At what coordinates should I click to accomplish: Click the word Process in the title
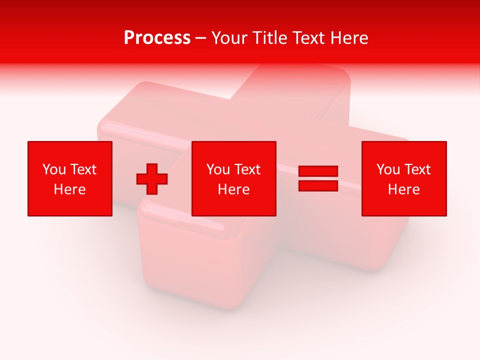pyautogui.click(x=157, y=38)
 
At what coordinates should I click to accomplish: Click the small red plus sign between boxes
pyautogui.click(x=152, y=179)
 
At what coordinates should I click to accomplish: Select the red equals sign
pyautogui.click(x=318, y=178)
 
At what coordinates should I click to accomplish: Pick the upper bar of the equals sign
pyautogui.click(x=318, y=171)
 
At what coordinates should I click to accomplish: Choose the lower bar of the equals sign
pyautogui.click(x=318, y=185)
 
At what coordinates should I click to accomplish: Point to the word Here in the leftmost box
pyautogui.click(x=70, y=189)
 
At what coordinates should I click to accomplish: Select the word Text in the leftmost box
pyautogui.click(x=83, y=169)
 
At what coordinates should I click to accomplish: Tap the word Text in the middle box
pyautogui.click(x=247, y=169)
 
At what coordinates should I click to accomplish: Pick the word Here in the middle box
pyautogui.click(x=234, y=189)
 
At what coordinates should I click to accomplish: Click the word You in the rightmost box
pyautogui.click(x=388, y=169)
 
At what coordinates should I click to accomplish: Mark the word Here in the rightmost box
pyautogui.click(x=404, y=189)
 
